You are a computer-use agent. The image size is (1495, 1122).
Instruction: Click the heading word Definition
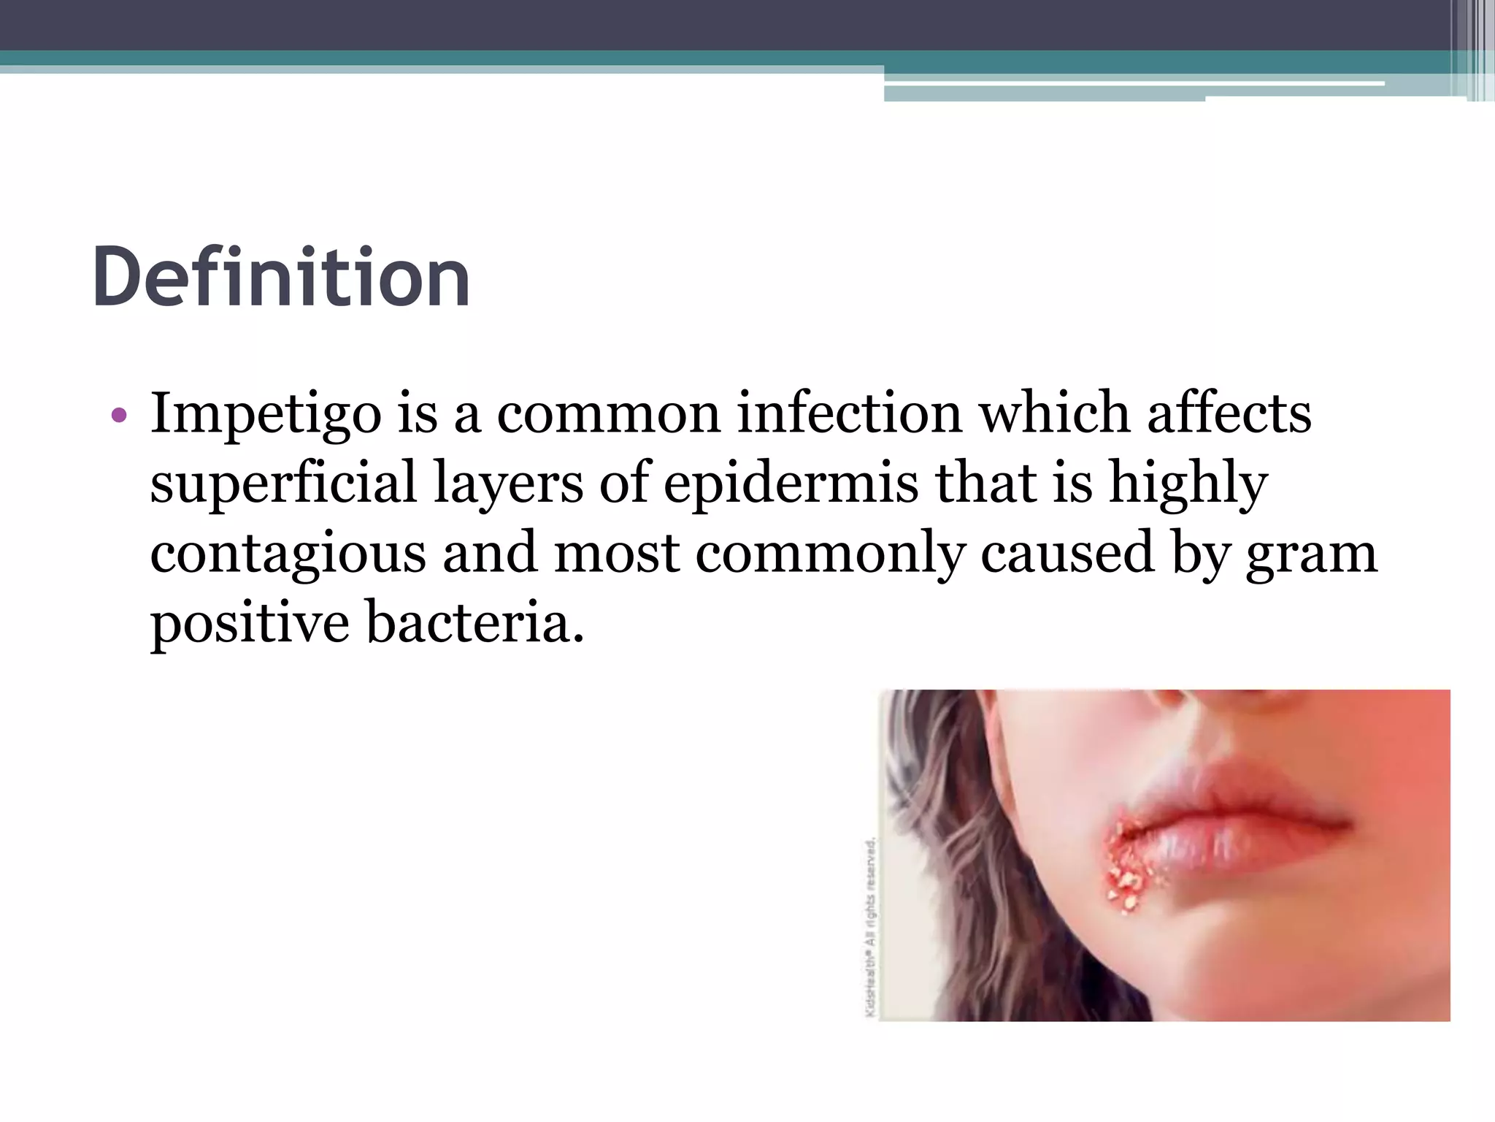(x=281, y=278)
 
